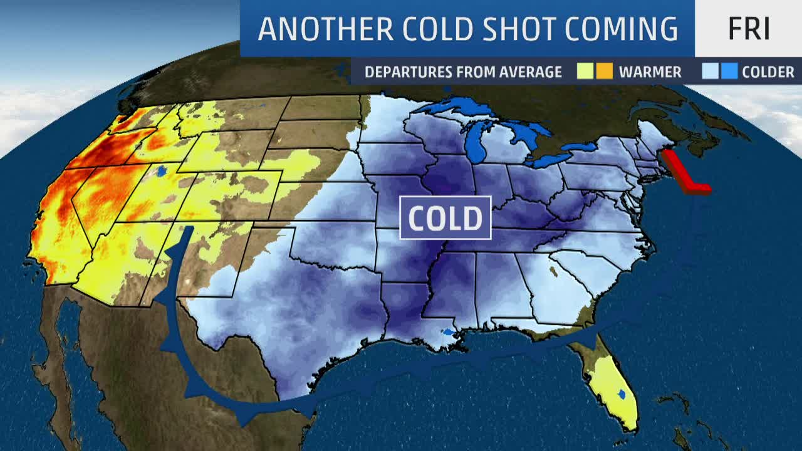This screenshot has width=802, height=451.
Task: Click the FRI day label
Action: tap(749, 29)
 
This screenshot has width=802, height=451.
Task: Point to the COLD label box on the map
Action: tap(445, 218)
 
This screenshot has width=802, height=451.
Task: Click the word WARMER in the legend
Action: tap(650, 72)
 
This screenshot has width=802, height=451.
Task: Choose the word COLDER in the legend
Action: tap(768, 72)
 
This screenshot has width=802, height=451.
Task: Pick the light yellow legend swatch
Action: tap(585, 71)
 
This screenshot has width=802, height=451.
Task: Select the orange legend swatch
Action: tap(603, 71)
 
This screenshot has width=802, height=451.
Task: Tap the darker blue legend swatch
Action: tap(729, 71)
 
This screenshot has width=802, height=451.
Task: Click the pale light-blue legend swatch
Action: tap(711, 71)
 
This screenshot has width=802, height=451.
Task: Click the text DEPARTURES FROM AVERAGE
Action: tap(463, 72)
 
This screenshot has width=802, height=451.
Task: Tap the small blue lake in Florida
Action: tap(621, 394)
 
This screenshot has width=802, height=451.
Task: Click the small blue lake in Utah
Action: tap(162, 170)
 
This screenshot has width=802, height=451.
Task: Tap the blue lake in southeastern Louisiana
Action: tap(448, 331)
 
